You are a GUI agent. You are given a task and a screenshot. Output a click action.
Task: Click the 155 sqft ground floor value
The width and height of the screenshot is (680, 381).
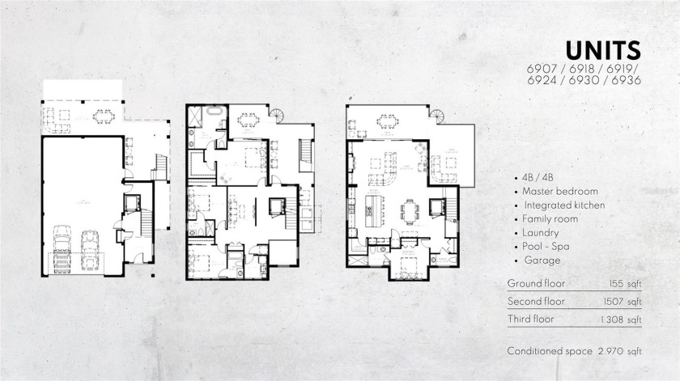pos(626,284)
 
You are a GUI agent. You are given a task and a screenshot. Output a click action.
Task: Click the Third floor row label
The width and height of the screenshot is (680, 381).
pos(530,320)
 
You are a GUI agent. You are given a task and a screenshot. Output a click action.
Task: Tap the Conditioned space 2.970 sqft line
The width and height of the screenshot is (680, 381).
pos(574,351)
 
